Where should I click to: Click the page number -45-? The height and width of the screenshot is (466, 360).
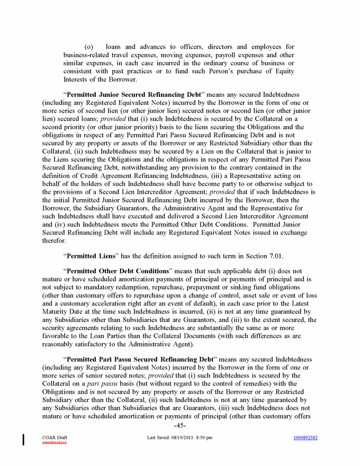pos(179,425)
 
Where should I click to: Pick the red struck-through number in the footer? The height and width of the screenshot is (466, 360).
pos(54,442)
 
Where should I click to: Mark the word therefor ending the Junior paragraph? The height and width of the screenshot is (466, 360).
pos(54,240)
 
